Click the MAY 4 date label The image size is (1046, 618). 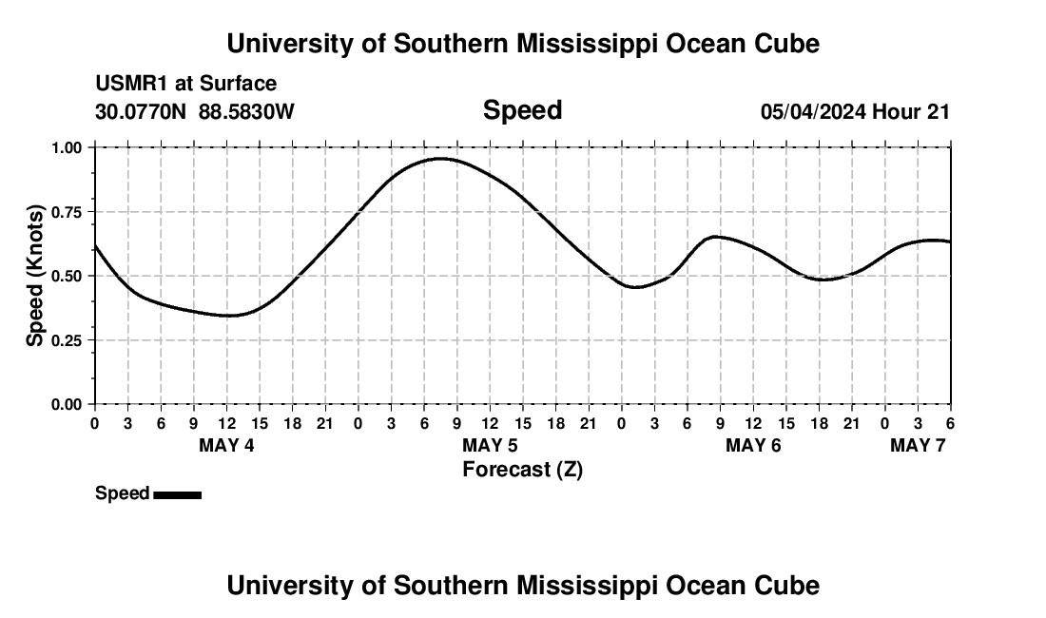click(x=226, y=445)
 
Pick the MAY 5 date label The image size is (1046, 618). click(x=490, y=445)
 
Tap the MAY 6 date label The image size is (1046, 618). click(x=753, y=445)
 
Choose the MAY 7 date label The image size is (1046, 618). click(x=918, y=445)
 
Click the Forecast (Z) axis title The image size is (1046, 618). click(x=522, y=469)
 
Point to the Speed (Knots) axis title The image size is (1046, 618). click(x=35, y=276)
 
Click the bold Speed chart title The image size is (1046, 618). click(x=522, y=110)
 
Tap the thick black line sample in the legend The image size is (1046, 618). click(x=177, y=494)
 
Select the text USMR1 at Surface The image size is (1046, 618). click(x=186, y=84)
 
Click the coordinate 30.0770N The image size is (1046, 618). click(x=142, y=111)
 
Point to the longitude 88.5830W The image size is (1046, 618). click(x=246, y=111)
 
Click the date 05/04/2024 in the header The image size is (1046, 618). click(x=813, y=111)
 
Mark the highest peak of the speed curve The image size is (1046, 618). click(x=441, y=159)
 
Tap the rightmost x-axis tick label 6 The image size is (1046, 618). click(x=950, y=423)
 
